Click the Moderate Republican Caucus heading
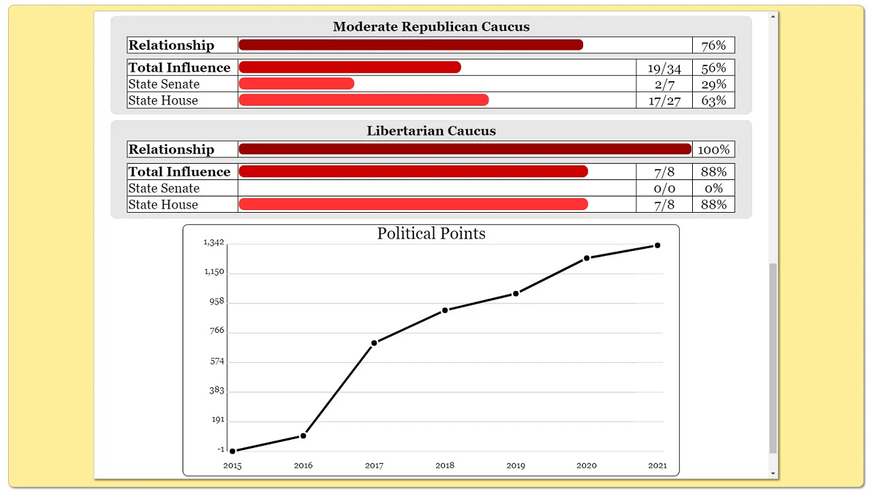click(x=431, y=27)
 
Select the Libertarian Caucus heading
click(x=431, y=131)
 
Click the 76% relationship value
click(x=713, y=46)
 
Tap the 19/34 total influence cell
click(x=664, y=68)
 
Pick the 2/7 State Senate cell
click(x=664, y=84)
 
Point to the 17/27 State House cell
click(x=664, y=100)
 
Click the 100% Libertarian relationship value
click(x=713, y=149)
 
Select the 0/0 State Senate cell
click(x=664, y=188)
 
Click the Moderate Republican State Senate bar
click(x=296, y=84)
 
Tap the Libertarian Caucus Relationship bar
click(x=465, y=149)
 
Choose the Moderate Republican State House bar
click(x=363, y=100)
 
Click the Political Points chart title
click(x=431, y=234)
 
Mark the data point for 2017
click(x=374, y=343)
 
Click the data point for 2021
click(x=657, y=245)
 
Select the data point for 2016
click(x=303, y=436)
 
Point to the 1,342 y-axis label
click(x=214, y=243)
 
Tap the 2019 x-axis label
click(x=516, y=466)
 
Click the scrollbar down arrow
click(x=773, y=473)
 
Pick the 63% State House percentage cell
click(x=713, y=100)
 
